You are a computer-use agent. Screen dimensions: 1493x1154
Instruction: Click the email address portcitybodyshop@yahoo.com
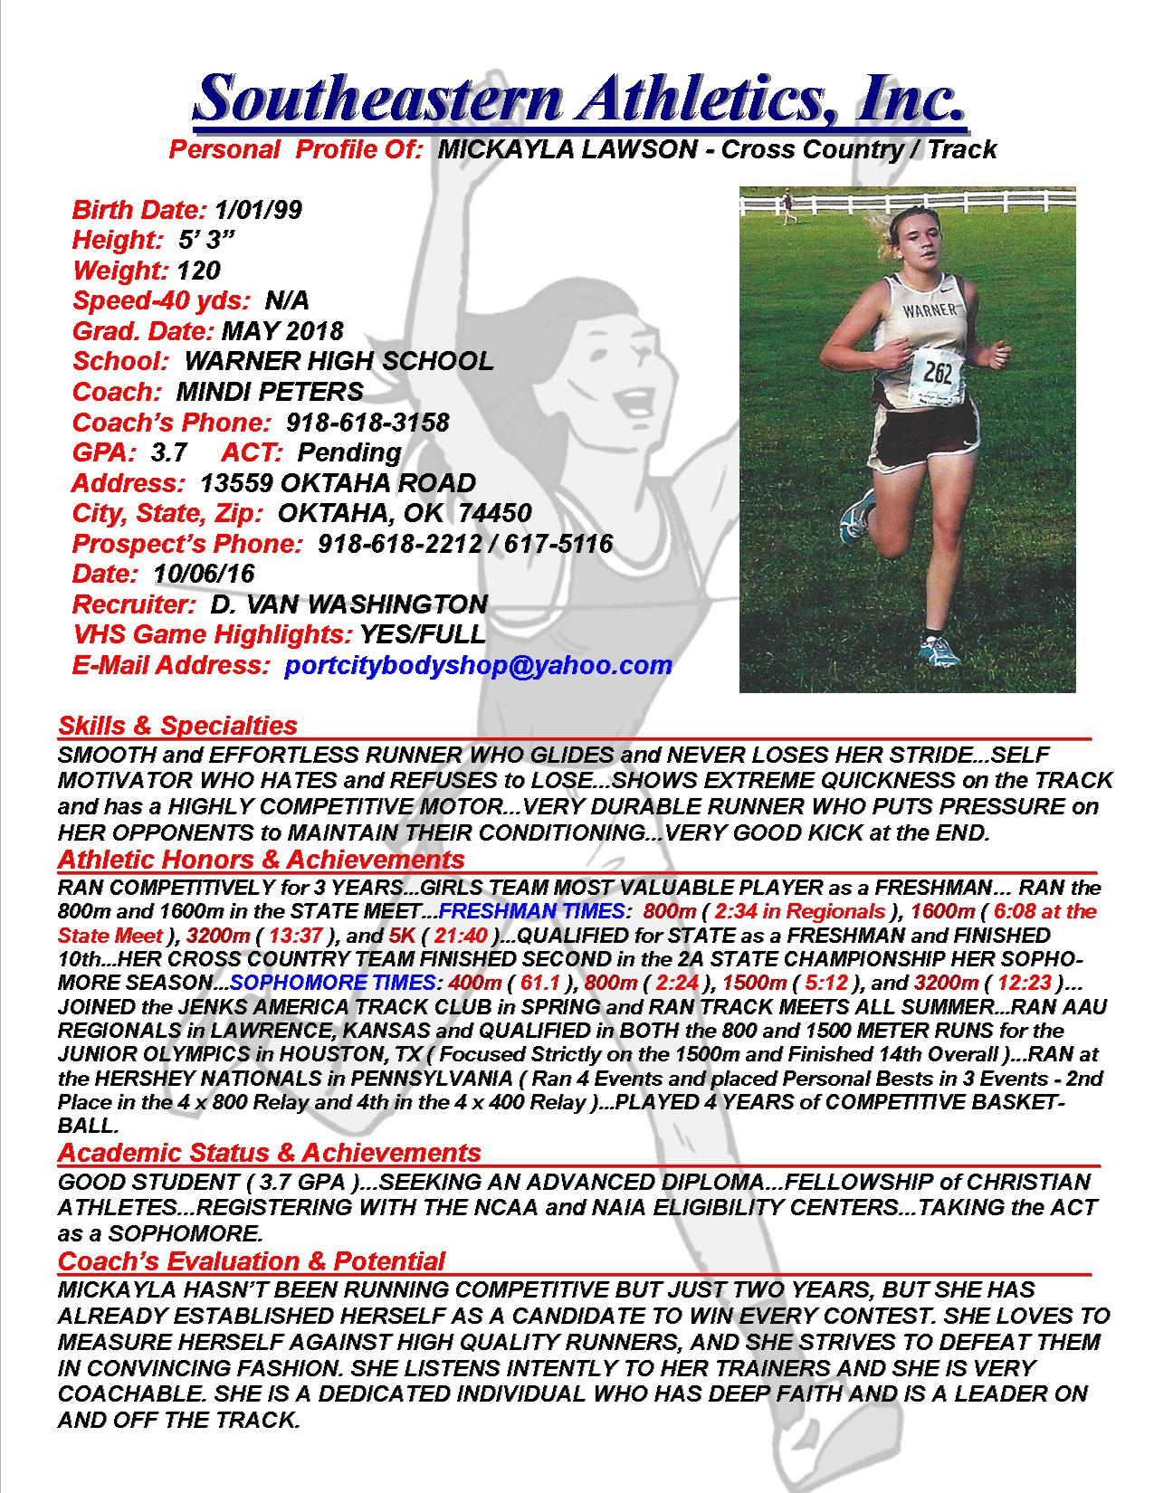point(478,665)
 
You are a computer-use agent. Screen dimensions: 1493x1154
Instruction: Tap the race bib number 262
point(936,372)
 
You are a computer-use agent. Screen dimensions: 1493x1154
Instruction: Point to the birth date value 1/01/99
point(259,210)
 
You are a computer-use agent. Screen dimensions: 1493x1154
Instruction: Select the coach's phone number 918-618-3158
point(367,423)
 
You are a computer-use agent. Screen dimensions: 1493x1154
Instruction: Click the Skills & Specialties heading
point(177,725)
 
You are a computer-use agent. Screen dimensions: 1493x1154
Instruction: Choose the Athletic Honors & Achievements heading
point(261,859)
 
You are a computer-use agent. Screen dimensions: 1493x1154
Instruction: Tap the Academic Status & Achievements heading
point(269,1152)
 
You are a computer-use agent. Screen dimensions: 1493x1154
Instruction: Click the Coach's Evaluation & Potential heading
point(252,1260)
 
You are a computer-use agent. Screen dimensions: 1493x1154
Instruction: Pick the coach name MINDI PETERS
point(270,392)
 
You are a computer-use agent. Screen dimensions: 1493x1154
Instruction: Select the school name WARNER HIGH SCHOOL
point(339,361)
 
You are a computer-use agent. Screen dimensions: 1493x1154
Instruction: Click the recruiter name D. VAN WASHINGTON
point(348,604)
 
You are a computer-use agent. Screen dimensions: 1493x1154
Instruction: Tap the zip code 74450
point(495,514)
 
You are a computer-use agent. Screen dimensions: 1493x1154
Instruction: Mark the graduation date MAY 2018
point(282,331)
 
